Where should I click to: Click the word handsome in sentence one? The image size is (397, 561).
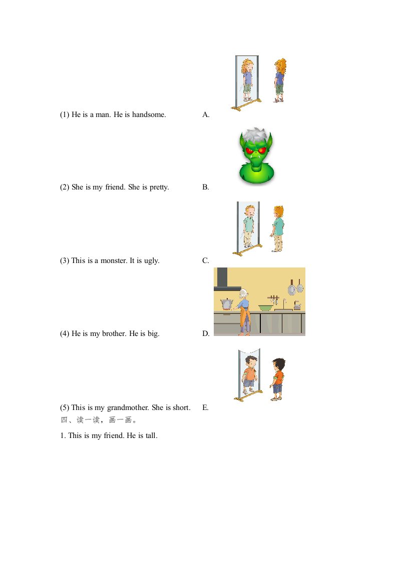[149, 114]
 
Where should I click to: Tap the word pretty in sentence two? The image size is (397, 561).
[159, 187]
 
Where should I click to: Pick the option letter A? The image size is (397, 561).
[206, 114]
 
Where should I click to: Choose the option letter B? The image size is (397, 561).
[205, 187]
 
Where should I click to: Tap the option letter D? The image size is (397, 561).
[206, 333]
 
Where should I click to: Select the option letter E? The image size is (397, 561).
[205, 407]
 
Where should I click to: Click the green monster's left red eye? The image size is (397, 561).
[250, 150]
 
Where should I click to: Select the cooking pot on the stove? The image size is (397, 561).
[227, 304]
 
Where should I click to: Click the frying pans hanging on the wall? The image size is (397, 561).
[295, 287]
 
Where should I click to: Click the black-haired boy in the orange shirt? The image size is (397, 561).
[278, 379]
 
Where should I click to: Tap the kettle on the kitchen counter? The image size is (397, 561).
[297, 306]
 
